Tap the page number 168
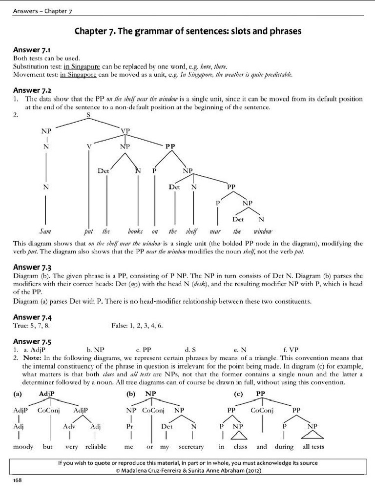pos(18,480)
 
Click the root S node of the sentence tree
pos(88,115)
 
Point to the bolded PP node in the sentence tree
pos(170,146)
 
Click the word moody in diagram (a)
pos(23,446)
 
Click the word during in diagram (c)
pos(284,446)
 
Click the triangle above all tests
pos(312,434)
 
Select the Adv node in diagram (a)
pos(69,426)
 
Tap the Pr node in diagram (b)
pos(130,426)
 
